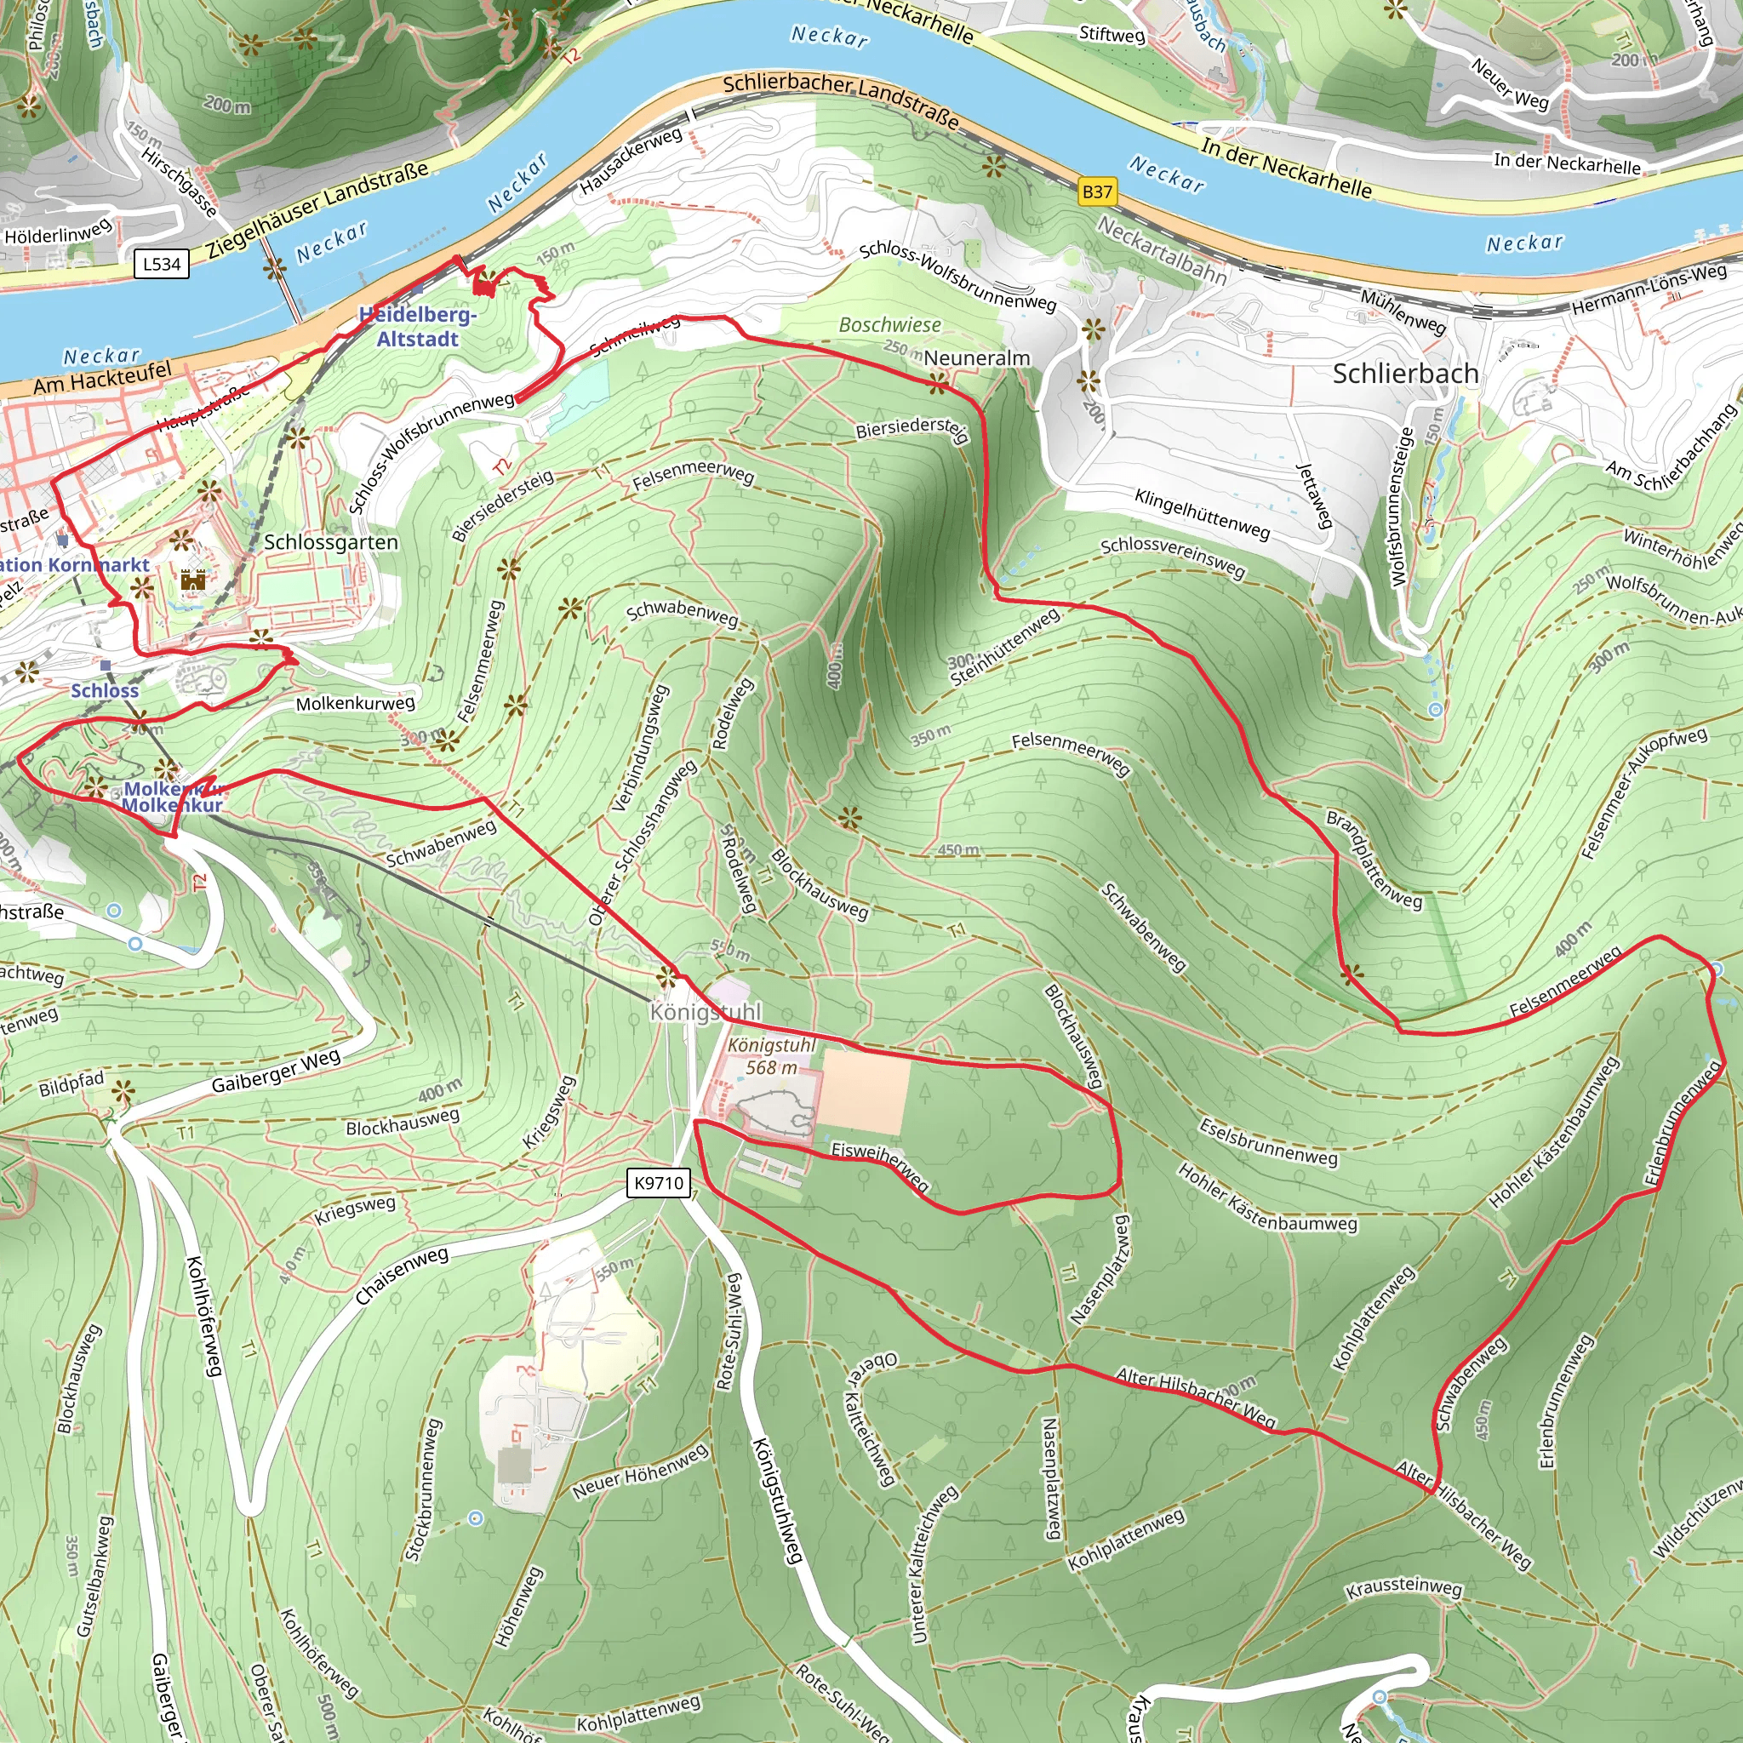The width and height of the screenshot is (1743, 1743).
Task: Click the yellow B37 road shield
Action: [x=1097, y=191]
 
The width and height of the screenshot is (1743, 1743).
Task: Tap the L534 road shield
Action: [x=163, y=265]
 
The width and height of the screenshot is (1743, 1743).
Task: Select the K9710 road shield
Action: [x=660, y=1183]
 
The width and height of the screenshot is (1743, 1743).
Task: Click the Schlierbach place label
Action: [x=1404, y=374]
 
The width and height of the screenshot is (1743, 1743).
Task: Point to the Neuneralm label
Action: [x=976, y=358]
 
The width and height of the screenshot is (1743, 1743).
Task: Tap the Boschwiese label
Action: [x=889, y=325]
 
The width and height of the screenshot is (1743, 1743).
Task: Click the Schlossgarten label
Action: [x=331, y=542]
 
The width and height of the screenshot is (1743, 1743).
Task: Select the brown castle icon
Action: [x=193, y=580]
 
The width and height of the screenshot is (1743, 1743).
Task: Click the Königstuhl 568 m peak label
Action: [x=771, y=1056]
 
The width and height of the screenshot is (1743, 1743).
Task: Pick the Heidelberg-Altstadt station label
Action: [x=418, y=327]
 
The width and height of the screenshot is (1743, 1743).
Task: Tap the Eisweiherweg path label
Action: [x=880, y=1166]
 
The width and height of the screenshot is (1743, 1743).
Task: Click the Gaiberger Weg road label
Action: [x=276, y=1071]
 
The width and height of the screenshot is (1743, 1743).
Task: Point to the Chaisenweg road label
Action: [x=402, y=1276]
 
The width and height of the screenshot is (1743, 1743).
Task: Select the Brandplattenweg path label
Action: [x=1373, y=859]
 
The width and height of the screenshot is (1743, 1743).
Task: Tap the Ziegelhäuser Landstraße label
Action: [x=317, y=210]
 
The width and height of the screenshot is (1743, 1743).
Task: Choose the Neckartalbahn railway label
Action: [x=1162, y=250]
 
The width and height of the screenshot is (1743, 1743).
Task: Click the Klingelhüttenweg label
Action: [x=1202, y=513]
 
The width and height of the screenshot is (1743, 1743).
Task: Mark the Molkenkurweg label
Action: [x=356, y=703]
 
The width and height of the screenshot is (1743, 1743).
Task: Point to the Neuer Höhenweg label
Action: [x=641, y=1472]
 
